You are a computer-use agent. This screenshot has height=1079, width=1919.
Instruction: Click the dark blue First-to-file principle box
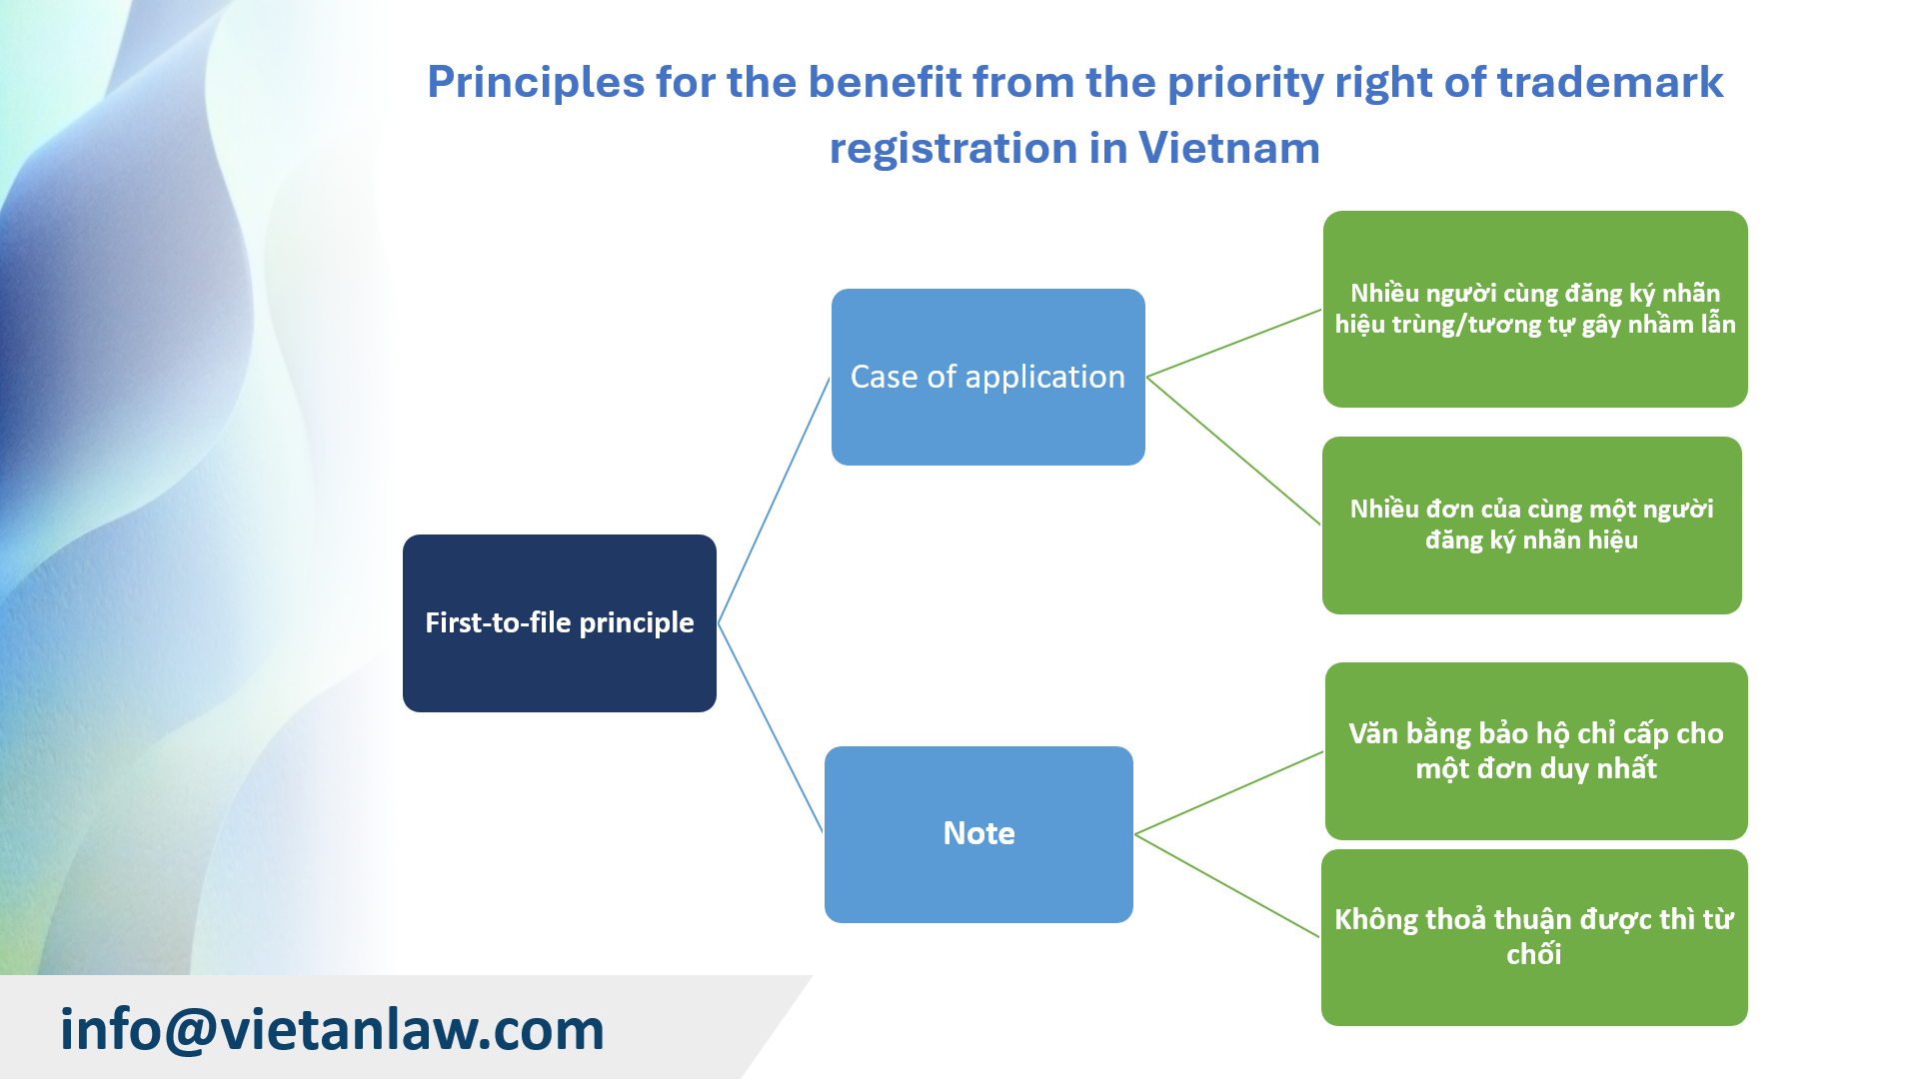(559, 622)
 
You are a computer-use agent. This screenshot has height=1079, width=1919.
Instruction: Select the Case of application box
(987, 377)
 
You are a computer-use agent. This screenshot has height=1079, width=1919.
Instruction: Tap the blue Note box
(978, 833)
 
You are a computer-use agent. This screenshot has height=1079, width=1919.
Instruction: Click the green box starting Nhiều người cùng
(1534, 309)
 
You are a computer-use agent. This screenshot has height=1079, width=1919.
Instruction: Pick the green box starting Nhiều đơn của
(1531, 525)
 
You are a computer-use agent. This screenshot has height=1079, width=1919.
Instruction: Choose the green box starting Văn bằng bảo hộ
(1535, 750)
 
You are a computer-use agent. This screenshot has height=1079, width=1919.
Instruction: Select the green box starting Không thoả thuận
(1533, 937)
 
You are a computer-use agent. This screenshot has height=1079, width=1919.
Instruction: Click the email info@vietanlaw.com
(332, 1029)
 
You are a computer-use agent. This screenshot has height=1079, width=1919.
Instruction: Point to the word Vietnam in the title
(1228, 148)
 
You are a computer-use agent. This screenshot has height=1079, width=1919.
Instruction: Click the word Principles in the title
(535, 82)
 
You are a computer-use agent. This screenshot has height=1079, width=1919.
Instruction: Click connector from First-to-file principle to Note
(770, 727)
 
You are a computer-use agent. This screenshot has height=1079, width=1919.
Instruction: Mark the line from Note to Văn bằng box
(1228, 793)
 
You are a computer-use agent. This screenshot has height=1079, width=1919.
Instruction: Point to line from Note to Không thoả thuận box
(1227, 885)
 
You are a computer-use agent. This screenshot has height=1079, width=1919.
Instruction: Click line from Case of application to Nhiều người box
(1233, 343)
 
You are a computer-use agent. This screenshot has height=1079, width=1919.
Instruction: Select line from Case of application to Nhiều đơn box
(1233, 451)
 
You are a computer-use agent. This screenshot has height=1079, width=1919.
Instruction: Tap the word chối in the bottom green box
(1533, 955)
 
